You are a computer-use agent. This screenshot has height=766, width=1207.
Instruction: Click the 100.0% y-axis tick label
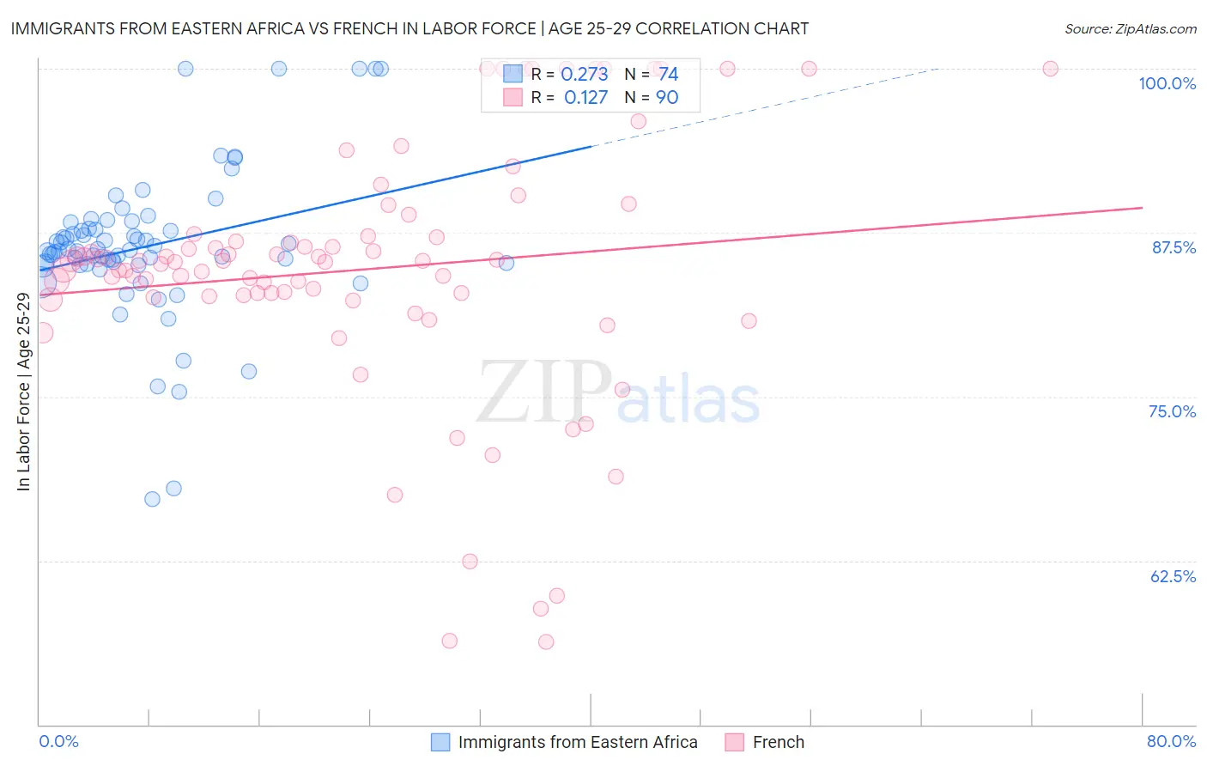(1167, 83)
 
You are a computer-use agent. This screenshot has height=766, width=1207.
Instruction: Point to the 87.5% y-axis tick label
(1174, 247)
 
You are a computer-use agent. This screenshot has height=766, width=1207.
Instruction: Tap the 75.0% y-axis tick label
(1172, 411)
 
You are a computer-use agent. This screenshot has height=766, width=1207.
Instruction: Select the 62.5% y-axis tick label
(1173, 576)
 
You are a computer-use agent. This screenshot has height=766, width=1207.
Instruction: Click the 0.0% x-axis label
(58, 741)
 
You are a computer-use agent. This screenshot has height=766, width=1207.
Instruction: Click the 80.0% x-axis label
(1171, 741)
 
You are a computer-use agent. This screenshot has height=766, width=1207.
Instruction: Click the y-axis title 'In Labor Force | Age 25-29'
(23, 392)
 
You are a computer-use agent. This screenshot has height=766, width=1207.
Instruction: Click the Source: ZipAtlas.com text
(1130, 28)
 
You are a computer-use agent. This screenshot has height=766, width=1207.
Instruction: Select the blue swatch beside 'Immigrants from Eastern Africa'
(440, 742)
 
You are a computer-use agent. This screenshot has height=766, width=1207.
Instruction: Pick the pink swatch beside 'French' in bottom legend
(734, 742)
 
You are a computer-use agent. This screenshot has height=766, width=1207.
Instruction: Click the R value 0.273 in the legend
(584, 75)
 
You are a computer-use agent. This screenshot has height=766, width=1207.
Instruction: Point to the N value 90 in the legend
(667, 98)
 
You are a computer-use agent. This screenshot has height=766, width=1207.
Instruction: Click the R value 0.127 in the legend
(585, 98)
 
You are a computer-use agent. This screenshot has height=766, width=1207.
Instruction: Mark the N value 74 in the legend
(668, 75)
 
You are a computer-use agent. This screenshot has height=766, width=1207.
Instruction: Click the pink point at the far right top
(1050, 69)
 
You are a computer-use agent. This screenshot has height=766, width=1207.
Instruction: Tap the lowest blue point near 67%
(152, 499)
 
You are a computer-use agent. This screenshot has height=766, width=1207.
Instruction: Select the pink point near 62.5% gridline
(470, 562)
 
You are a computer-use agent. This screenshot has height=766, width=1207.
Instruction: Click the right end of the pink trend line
(1142, 208)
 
